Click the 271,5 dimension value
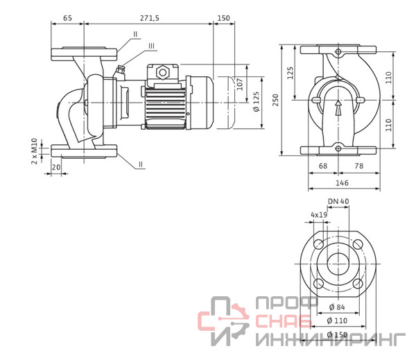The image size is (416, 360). point(150,18)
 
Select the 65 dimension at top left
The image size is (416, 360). point(67,18)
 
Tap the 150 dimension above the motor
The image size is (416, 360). point(224,18)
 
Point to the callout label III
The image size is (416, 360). point(151,46)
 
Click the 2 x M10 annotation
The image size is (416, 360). point(35,151)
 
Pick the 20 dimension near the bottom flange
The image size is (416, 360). point(56,167)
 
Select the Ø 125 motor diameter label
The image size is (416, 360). point(257,102)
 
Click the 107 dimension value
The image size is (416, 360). point(240,84)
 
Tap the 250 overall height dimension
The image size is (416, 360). point(276,100)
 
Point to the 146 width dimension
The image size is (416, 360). point(343,183)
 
